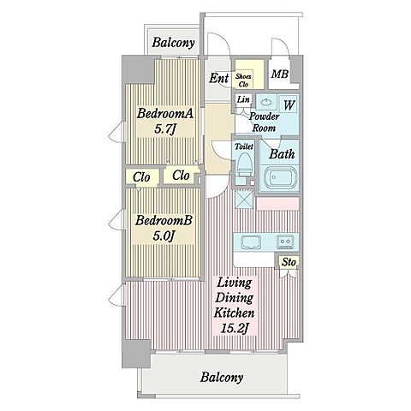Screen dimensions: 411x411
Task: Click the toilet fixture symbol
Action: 245,165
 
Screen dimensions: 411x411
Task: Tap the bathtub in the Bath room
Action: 279,178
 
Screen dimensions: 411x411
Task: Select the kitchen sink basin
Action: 251,242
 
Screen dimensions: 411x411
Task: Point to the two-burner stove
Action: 285,241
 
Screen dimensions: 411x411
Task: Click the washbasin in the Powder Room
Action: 266,102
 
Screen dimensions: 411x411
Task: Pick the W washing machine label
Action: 289,105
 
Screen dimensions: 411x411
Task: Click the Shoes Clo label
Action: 243,80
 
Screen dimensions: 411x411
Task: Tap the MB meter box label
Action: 280,74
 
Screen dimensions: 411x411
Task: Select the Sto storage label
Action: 289,262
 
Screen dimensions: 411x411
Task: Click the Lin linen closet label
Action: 243,99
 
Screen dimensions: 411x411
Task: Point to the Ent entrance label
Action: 219,78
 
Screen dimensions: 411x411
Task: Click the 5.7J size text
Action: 164,129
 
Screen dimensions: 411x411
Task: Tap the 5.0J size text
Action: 164,235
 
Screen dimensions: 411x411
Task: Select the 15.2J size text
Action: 234,328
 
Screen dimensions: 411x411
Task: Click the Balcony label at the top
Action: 173,43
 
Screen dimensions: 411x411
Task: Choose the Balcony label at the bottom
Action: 222,378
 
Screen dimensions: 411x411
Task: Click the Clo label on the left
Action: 141,177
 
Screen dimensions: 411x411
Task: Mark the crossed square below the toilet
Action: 244,199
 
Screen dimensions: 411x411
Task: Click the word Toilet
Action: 244,146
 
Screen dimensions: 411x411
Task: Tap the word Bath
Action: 282,154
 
